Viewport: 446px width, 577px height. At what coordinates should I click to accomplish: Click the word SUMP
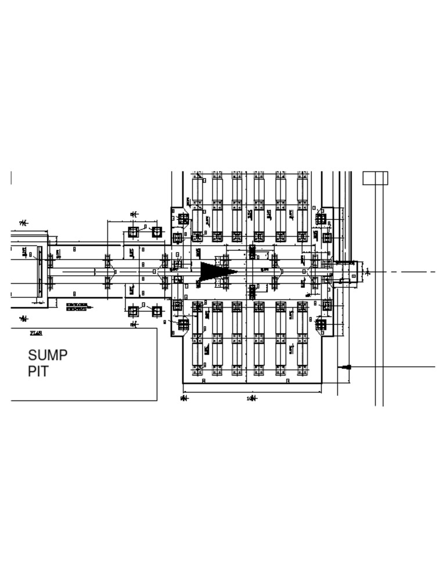[x=48, y=355]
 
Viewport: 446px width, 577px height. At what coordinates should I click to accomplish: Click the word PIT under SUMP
[x=38, y=372]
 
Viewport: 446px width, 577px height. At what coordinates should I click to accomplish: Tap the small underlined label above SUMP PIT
[x=36, y=333]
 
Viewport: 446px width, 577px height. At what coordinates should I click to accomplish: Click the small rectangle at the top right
[x=375, y=178]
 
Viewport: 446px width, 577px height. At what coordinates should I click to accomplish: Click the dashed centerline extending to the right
[x=407, y=272]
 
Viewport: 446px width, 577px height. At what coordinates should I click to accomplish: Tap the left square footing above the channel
[x=133, y=232]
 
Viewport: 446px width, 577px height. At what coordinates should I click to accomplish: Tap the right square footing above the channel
[x=156, y=232]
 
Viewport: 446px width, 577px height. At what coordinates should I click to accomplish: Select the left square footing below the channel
[x=133, y=311]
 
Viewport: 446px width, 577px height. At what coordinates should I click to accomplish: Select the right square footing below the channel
[x=156, y=311]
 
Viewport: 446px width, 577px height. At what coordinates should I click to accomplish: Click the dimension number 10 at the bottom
[x=250, y=399]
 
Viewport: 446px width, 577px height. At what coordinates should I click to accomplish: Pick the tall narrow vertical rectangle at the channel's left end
[x=39, y=272]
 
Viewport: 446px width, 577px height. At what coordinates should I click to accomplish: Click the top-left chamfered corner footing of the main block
[x=183, y=219]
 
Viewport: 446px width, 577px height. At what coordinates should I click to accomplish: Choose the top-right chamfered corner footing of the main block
[x=321, y=219]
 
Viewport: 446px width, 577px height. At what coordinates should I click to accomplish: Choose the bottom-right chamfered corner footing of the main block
[x=321, y=324]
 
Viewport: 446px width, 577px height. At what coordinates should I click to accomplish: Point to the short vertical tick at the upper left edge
[x=12, y=178]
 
